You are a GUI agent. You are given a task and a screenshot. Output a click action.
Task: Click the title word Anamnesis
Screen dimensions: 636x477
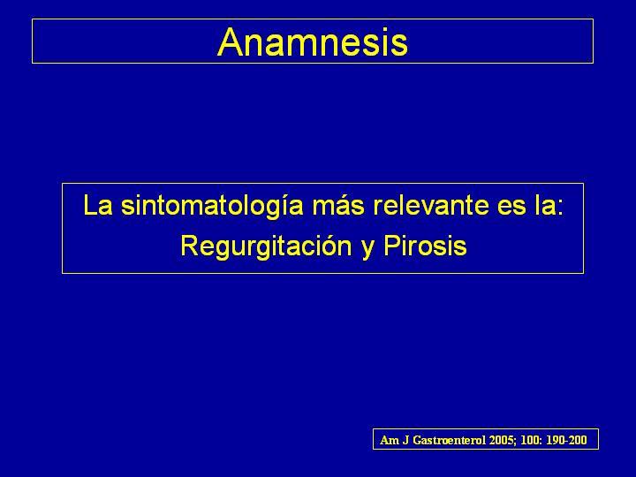click(x=313, y=42)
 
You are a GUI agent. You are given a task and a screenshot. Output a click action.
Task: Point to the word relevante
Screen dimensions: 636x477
click(x=431, y=205)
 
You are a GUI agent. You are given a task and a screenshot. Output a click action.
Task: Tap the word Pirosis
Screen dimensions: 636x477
click(x=425, y=246)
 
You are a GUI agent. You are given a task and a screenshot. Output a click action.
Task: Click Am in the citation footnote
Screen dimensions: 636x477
click(x=388, y=440)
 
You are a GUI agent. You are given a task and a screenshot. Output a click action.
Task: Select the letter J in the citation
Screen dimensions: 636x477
click(x=405, y=441)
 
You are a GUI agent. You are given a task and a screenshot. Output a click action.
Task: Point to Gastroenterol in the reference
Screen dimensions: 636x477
click(x=449, y=440)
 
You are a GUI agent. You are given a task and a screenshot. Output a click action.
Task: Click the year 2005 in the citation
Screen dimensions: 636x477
click(x=502, y=441)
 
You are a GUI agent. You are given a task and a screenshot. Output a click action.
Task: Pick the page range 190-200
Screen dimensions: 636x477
click(x=566, y=440)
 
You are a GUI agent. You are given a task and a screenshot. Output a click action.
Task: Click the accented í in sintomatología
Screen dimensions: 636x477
click(x=283, y=205)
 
